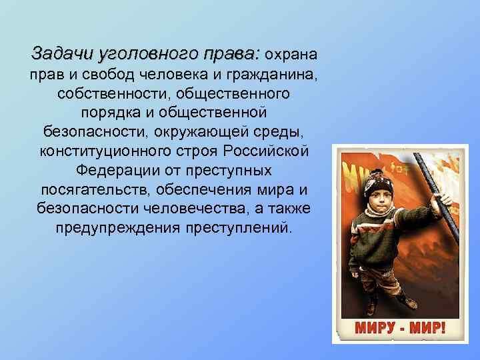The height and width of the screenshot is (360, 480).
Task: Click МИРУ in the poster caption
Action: (370, 329)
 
